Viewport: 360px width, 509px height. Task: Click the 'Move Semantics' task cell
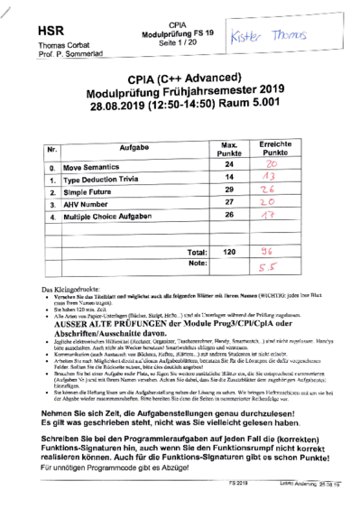tap(96, 168)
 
